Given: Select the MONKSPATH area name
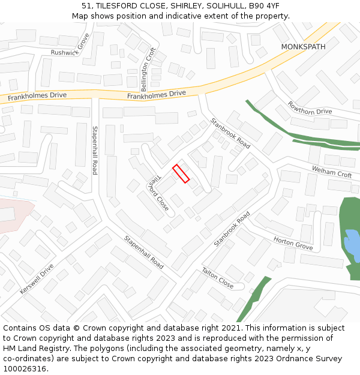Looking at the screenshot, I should pyautogui.click(x=304, y=46).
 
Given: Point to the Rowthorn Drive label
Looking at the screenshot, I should pyautogui.click(x=310, y=108).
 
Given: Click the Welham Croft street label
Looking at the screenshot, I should pyautogui.click(x=332, y=172).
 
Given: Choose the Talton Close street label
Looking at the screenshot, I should pyautogui.click(x=217, y=278).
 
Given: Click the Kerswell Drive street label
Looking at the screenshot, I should pyautogui.click(x=37, y=279).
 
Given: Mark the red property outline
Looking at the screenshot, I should pyautogui.click(x=181, y=173).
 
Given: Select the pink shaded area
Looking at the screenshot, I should pyautogui.click(x=13, y=213).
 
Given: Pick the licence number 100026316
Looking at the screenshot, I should pyautogui.click(x=25, y=368).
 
